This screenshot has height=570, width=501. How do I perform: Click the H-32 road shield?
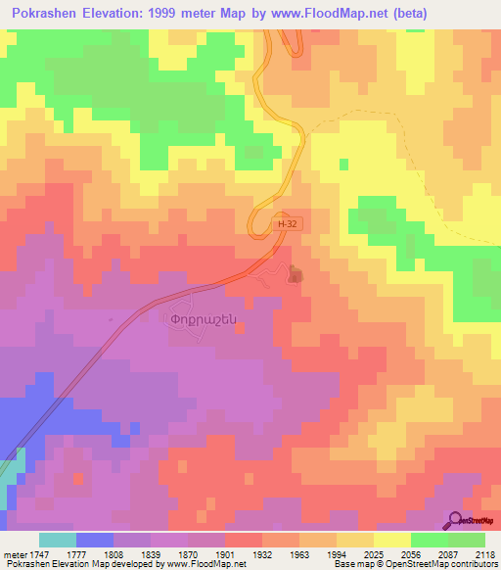[285, 224]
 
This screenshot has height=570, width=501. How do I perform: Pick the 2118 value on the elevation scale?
[486, 553]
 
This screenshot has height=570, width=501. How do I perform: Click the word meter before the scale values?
[14, 553]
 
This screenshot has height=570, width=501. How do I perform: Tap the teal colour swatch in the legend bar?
[58, 540]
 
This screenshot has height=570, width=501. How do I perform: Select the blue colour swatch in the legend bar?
[95, 540]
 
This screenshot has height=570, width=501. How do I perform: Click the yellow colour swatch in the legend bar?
[392, 540]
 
